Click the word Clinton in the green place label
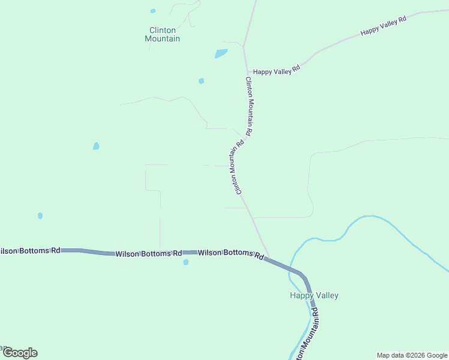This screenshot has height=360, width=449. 163,30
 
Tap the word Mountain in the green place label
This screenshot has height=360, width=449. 163,39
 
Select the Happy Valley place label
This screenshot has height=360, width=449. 314,295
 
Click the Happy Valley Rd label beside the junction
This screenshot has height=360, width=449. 276,71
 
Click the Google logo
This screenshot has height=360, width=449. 20,353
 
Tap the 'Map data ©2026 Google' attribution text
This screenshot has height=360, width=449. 412,355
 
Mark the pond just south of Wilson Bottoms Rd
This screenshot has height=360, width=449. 185,262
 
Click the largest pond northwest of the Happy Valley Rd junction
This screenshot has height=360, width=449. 221,53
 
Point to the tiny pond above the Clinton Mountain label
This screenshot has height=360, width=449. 153,11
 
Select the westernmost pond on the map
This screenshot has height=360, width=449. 40,215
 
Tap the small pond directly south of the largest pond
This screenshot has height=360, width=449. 201,81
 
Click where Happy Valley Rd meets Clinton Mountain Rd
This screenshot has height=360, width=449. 247,71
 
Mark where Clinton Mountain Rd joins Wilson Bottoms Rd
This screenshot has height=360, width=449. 269,259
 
